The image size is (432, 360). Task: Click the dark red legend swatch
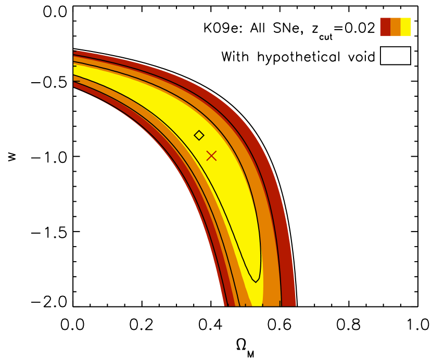tap(385, 27)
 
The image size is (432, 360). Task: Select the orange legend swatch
tap(396, 27)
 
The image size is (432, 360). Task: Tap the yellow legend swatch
tap(406, 27)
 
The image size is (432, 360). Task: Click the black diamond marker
tap(199, 135)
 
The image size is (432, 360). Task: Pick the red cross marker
tap(211, 156)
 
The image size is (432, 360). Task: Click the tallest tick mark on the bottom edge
tap(279, 303)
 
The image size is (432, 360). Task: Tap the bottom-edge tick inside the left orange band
tap(245, 305)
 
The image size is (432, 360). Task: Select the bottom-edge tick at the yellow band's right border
tap(262, 305)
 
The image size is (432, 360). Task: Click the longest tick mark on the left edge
tap(77, 82)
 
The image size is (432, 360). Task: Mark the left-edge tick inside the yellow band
tap(75, 66)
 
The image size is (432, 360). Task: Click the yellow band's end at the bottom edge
tap(257, 305)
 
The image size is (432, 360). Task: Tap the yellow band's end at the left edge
tap(74, 70)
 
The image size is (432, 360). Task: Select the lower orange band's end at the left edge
tap(74, 79)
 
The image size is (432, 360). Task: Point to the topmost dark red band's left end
tap(74, 53)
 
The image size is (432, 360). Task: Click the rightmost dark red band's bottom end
tap(289, 305)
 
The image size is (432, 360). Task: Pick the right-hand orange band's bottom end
tap(272, 305)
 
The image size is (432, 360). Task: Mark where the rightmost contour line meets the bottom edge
tap(282, 305)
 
